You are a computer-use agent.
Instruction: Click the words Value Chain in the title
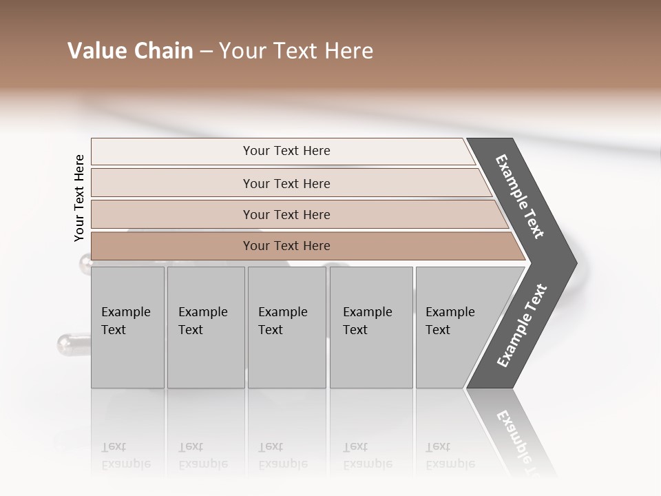(x=130, y=51)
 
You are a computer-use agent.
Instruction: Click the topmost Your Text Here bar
(x=286, y=151)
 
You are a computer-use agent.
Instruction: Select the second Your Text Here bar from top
(x=286, y=183)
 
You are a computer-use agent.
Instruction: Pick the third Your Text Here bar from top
(x=286, y=214)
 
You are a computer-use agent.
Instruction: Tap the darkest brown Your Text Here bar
(x=286, y=246)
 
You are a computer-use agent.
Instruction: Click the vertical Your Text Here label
(x=79, y=198)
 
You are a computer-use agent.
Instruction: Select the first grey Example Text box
(x=127, y=327)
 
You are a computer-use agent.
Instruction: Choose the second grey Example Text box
(x=205, y=327)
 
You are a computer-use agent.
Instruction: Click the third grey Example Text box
(x=286, y=327)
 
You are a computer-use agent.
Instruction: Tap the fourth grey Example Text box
(x=371, y=327)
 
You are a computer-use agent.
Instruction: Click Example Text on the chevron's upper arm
(x=520, y=196)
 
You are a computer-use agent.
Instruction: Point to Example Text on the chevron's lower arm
(x=522, y=326)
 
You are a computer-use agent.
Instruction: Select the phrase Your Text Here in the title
(x=296, y=51)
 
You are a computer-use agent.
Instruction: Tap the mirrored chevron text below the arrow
(x=516, y=437)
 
